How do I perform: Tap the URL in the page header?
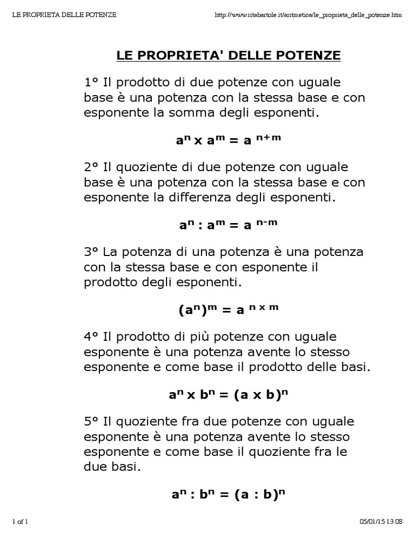pyautogui.click(x=308, y=15)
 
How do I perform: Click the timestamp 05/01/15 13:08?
pyautogui.click(x=381, y=521)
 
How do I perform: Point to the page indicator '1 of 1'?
pyautogui.click(x=20, y=521)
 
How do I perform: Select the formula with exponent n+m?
pyautogui.click(x=229, y=140)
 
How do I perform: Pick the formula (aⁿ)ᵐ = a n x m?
pyautogui.click(x=229, y=309)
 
